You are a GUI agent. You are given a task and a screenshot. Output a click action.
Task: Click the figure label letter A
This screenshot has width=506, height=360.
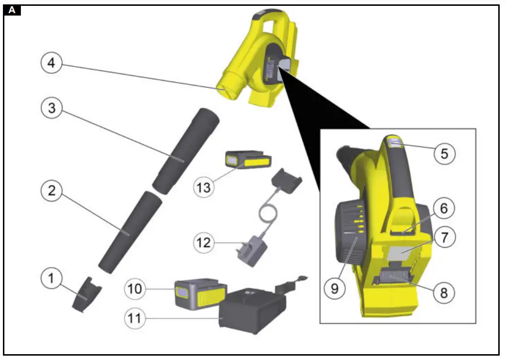pos(12,10)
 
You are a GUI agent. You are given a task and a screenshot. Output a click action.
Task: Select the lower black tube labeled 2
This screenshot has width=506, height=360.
pos(127,232)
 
